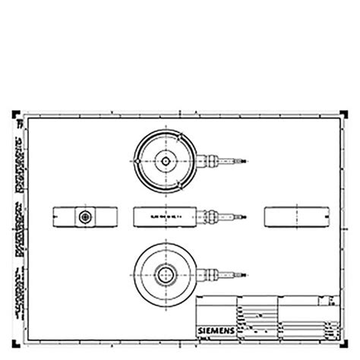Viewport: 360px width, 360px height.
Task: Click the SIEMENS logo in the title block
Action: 216,328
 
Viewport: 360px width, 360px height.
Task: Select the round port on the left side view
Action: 83,216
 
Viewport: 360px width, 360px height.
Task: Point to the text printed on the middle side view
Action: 166,216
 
